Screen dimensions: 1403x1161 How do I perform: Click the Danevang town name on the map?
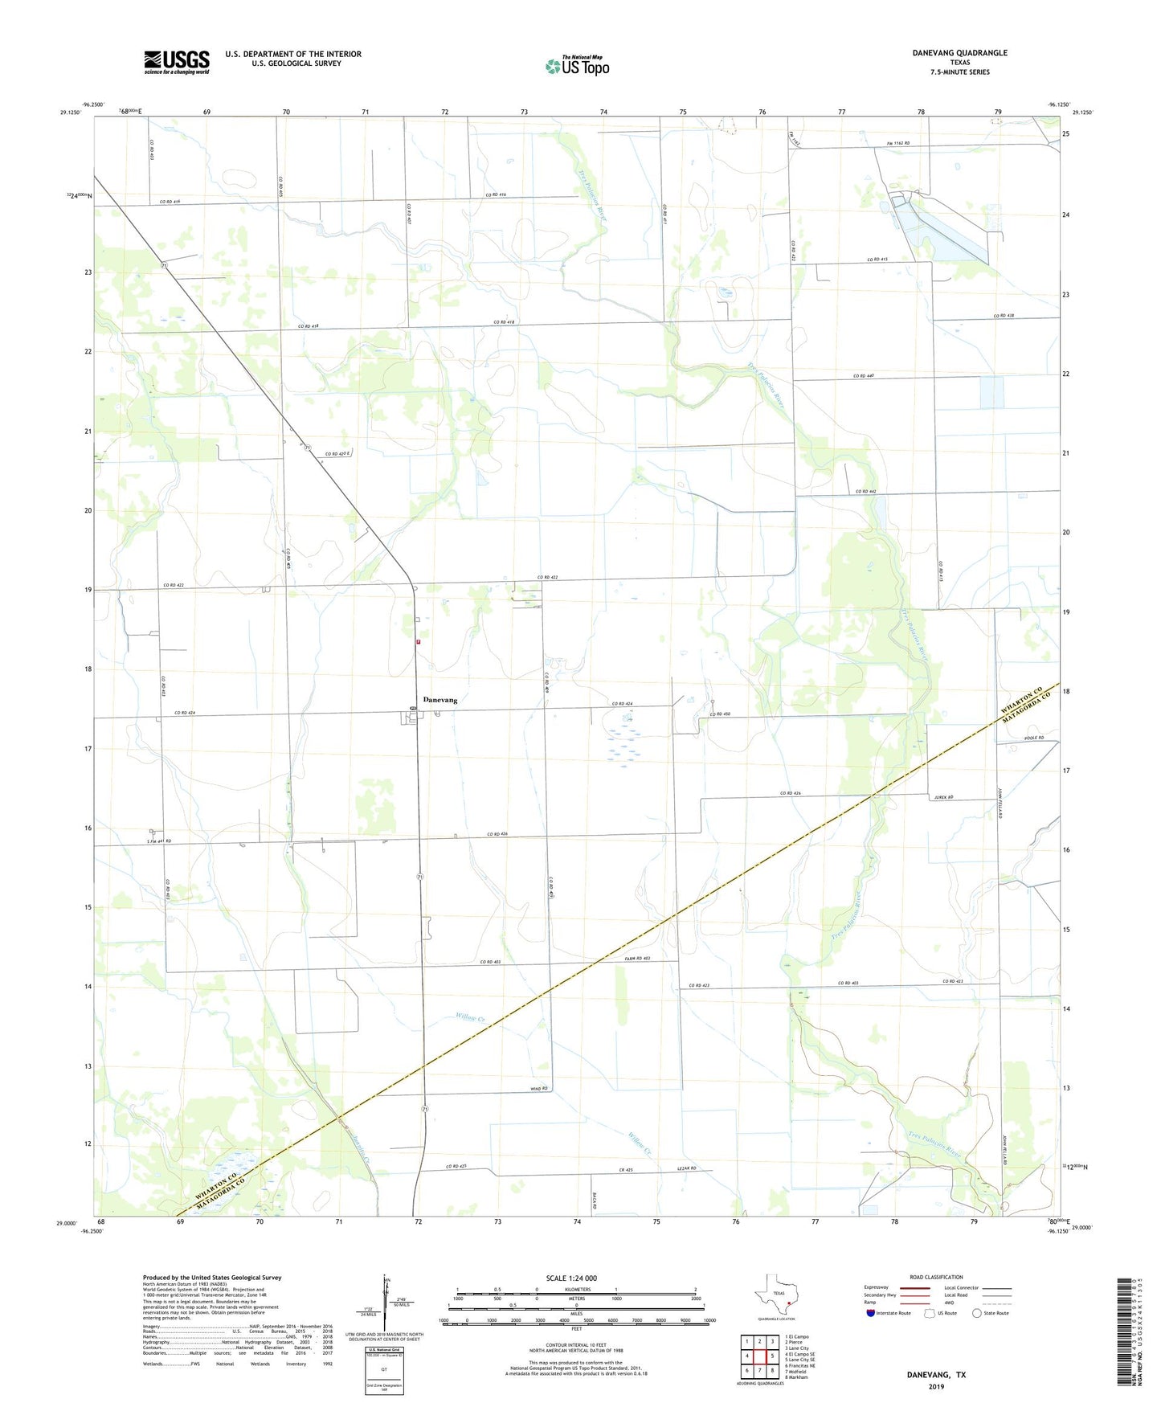coord(439,700)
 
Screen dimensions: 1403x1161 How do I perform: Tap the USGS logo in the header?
coord(177,62)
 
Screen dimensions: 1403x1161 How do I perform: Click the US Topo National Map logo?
coord(576,65)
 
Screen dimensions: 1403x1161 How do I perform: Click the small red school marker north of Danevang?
coord(418,642)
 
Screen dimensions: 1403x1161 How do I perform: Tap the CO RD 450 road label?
coord(720,714)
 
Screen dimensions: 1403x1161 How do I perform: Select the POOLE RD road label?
coord(1034,738)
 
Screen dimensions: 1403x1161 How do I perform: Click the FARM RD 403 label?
coord(636,959)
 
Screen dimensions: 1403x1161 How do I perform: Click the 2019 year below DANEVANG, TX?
coord(936,1387)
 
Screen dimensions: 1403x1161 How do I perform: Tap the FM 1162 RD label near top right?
coord(897,143)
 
